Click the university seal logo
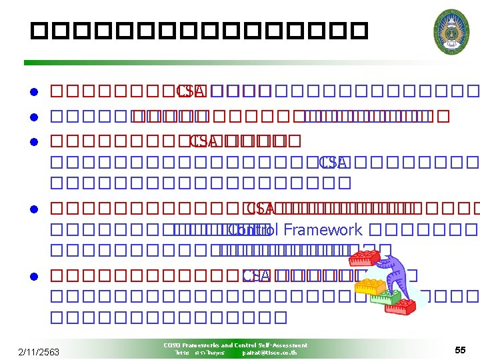pyautogui.click(x=451, y=31)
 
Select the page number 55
pyautogui.click(x=460, y=351)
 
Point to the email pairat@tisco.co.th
pyautogui.click(x=269, y=353)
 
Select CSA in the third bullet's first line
pyautogui.click(x=203, y=141)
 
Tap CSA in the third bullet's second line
pyautogui.click(x=333, y=162)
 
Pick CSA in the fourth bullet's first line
pyautogui.click(x=261, y=209)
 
